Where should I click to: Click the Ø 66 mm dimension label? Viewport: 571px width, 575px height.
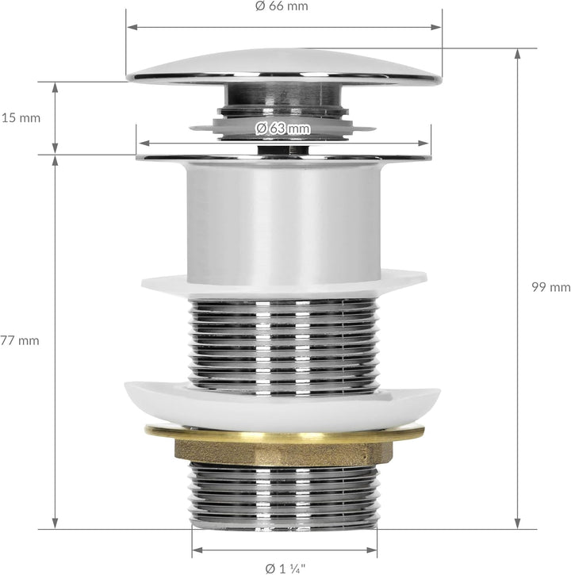coord(282,6)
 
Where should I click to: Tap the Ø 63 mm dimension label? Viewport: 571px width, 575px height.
coord(283,128)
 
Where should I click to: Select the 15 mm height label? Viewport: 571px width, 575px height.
coord(21,118)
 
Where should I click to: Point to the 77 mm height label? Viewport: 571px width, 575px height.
coord(20,341)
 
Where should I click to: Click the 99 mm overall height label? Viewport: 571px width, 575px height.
coord(551,287)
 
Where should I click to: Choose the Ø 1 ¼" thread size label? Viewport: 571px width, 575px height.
coord(285,569)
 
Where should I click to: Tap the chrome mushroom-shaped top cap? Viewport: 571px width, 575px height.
coord(284,67)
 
